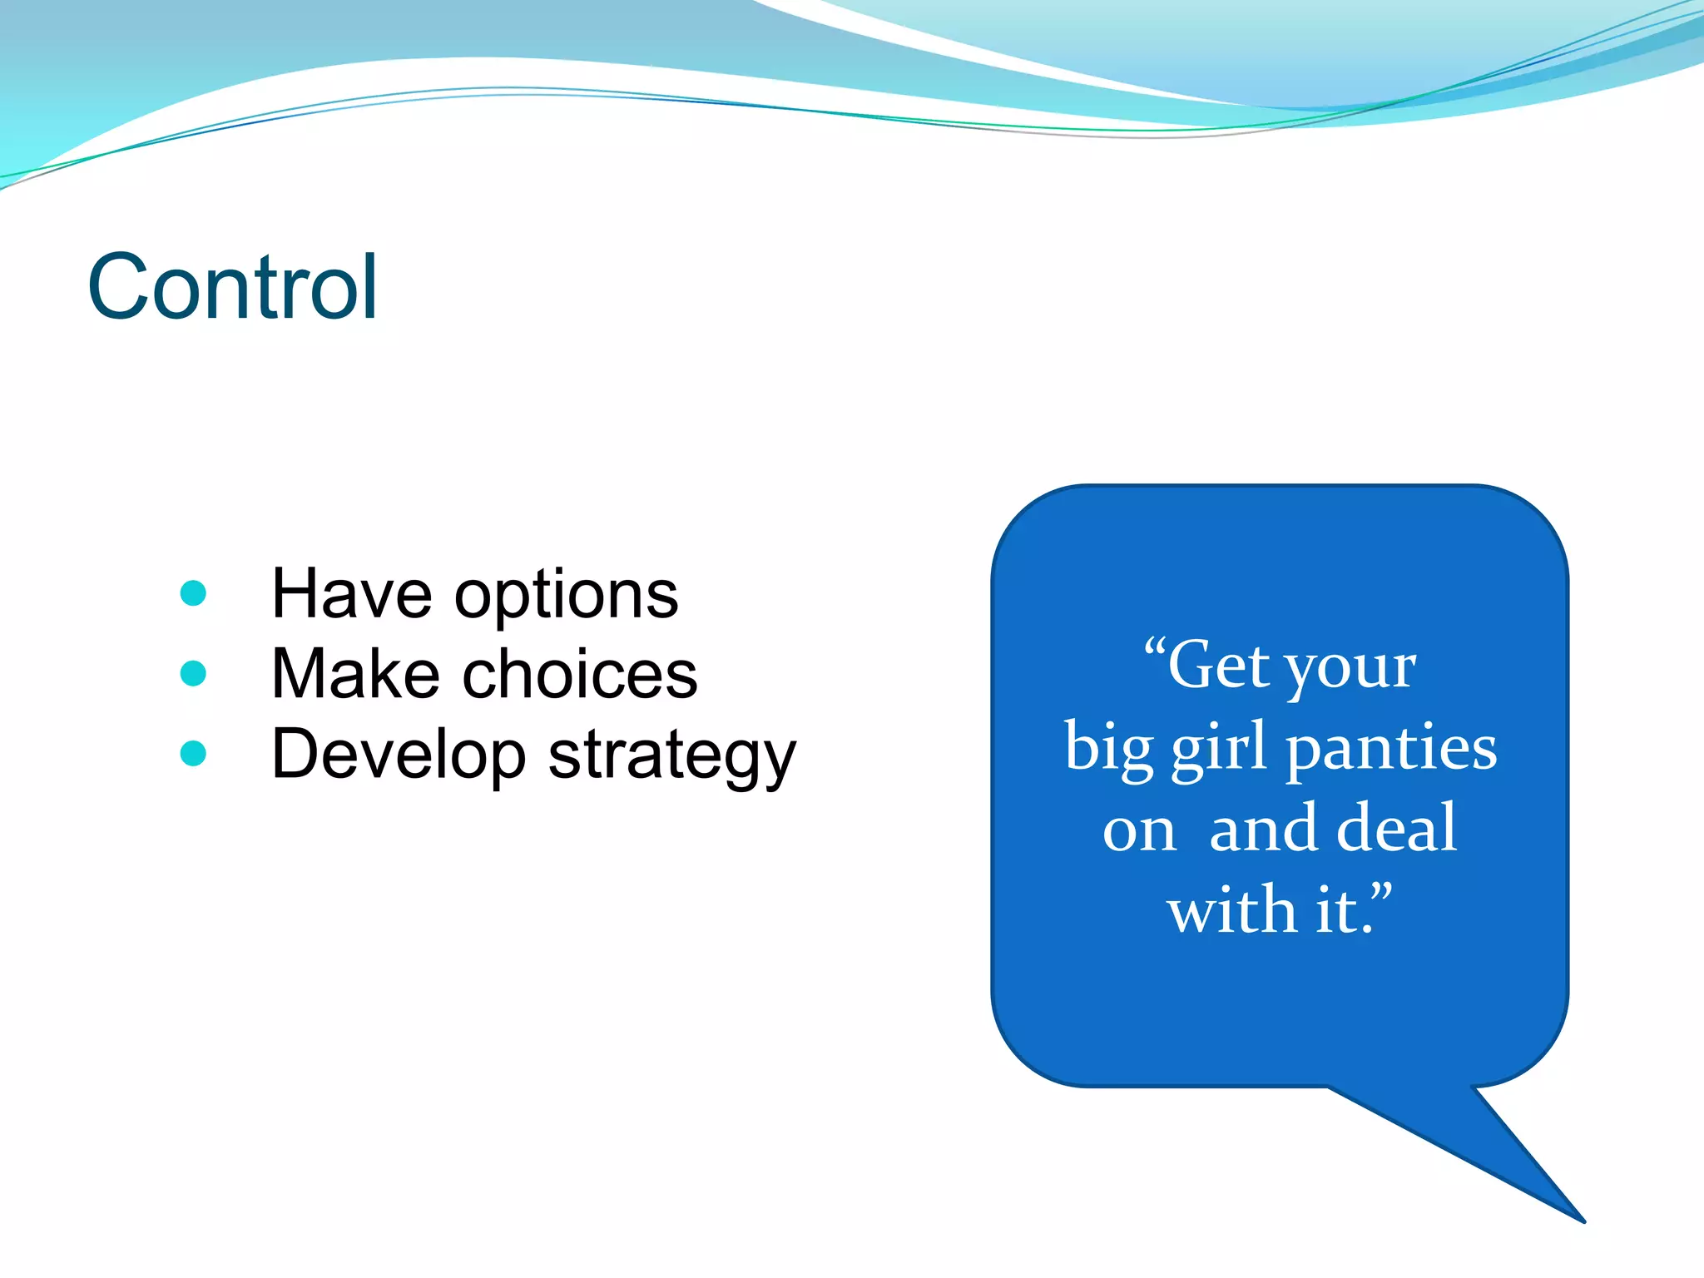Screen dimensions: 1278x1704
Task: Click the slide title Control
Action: (233, 287)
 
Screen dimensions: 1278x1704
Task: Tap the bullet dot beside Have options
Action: (193, 593)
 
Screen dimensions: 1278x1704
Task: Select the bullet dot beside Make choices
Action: (193, 673)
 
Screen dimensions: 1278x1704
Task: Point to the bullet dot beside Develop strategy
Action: (193, 753)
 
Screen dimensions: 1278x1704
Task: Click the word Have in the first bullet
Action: (352, 594)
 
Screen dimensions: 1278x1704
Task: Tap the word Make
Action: (355, 674)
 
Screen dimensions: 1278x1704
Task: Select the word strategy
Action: (672, 757)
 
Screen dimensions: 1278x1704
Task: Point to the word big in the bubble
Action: (1108, 749)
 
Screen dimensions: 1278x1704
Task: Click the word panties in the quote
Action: (1391, 749)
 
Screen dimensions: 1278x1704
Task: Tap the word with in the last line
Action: (1232, 909)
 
